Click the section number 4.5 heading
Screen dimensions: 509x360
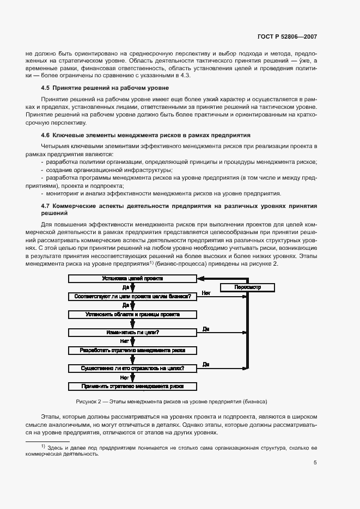(x=45, y=88)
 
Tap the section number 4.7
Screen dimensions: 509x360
(x=45, y=205)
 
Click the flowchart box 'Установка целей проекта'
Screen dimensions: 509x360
(x=132, y=278)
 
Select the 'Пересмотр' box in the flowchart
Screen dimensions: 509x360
(x=233, y=287)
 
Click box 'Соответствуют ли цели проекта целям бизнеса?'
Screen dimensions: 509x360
(x=132, y=296)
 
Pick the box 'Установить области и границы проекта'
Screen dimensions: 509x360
(x=132, y=314)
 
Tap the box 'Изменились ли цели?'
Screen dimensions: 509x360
(x=132, y=332)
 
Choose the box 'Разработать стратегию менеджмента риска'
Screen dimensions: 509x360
(x=132, y=350)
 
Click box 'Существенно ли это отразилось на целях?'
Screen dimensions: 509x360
(x=132, y=368)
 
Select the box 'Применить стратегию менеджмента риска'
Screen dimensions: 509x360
(x=132, y=386)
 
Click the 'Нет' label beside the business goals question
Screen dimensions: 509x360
(x=206, y=293)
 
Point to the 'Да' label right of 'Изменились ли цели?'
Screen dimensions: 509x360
(x=206, y=329)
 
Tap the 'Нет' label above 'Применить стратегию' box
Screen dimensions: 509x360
(x=124, y=377)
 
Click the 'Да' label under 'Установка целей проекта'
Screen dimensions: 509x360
(x=125, y=287)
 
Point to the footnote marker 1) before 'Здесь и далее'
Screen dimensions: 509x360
(x=43, y=446)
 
